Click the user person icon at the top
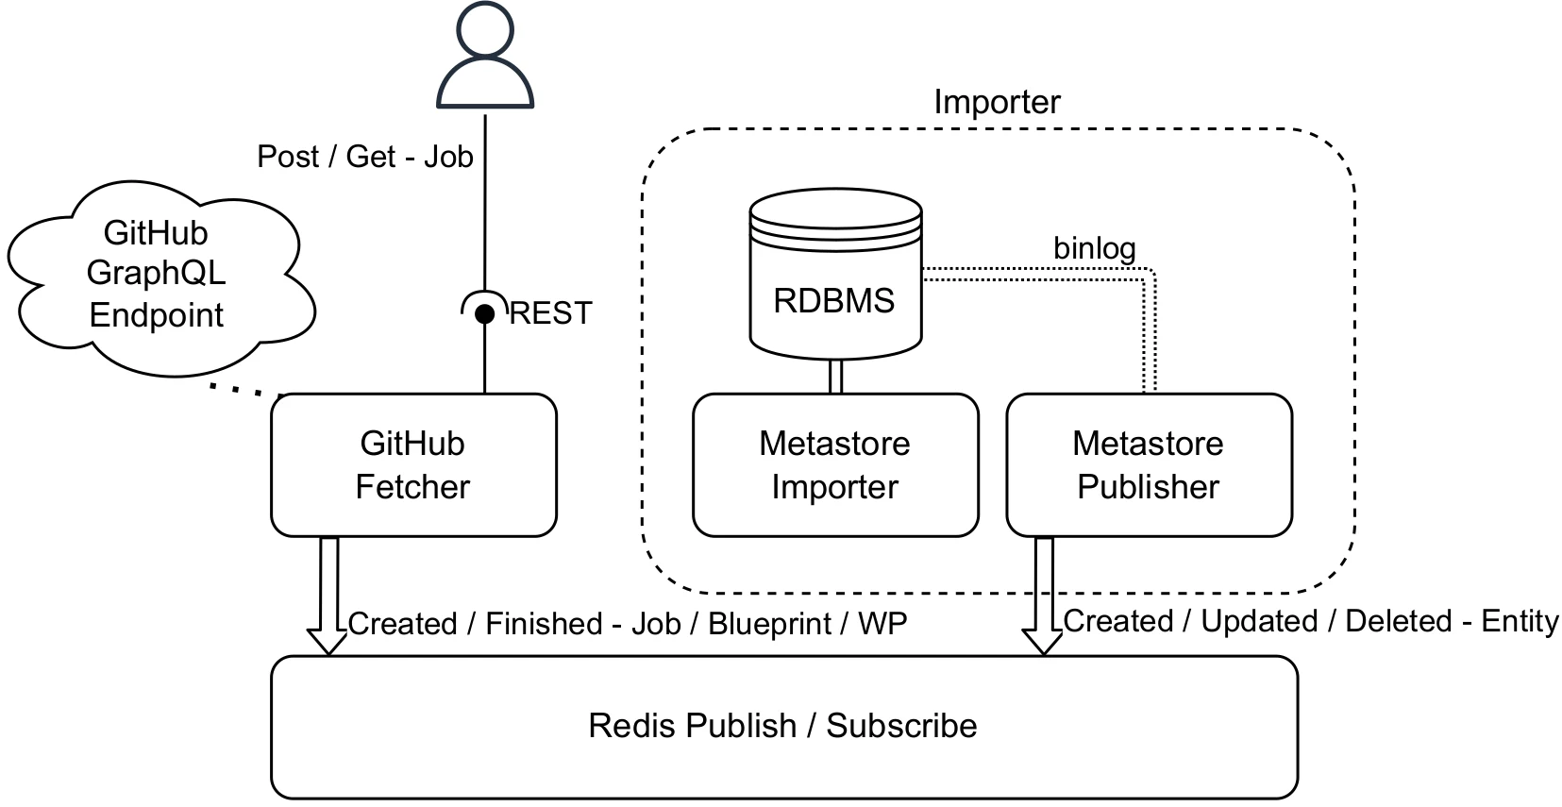[485, 59]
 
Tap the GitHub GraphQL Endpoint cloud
[157, 274]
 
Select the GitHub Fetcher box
[413, 465]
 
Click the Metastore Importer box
[834, 465]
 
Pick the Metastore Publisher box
[1148, 465]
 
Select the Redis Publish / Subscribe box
[783, 726]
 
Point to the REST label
[550, 313]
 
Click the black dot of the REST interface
[484, 314]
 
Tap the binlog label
[1094, 248]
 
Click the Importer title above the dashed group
[997, 102]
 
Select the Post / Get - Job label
[364, 157]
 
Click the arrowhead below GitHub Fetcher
[328, 642]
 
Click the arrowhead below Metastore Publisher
[1044, 642]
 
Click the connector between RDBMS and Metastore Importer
[834, 377]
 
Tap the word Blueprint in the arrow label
[769, 624]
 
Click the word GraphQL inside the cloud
[157, 274]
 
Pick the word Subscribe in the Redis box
[901, 726]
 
